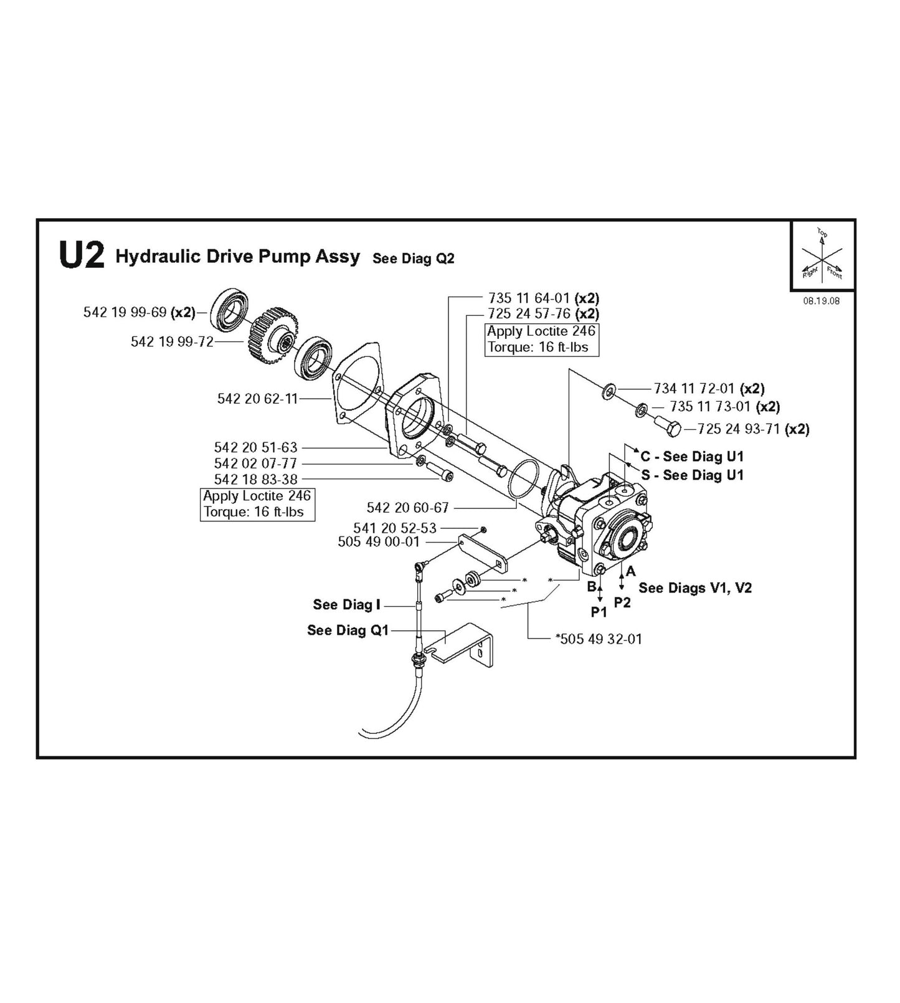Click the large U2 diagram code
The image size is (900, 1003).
click(x=81, y=255)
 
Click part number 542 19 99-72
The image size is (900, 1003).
click(x=172, y=341)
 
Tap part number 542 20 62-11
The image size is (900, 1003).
click(x=257, y=399)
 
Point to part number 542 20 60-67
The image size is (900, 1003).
click(x=407, y=508)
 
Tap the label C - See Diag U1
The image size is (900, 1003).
click(x=691, y=457)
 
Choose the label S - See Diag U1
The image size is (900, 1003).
click(x=692, y=475)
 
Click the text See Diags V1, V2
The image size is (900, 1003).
click(x=694, y=588)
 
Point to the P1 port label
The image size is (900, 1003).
click(x=599, y=612)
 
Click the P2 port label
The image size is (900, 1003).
click(x=622, y=602)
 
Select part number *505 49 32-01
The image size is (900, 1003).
click(x=598, y=639)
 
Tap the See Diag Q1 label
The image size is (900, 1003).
click(x=348, y=630)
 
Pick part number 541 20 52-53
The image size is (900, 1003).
click(x=395, y=528)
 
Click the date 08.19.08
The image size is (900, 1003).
click(x=821, y=301)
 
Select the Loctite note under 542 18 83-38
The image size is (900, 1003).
click(x=257, y=504)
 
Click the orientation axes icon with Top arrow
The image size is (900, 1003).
click(x=822, y=255)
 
